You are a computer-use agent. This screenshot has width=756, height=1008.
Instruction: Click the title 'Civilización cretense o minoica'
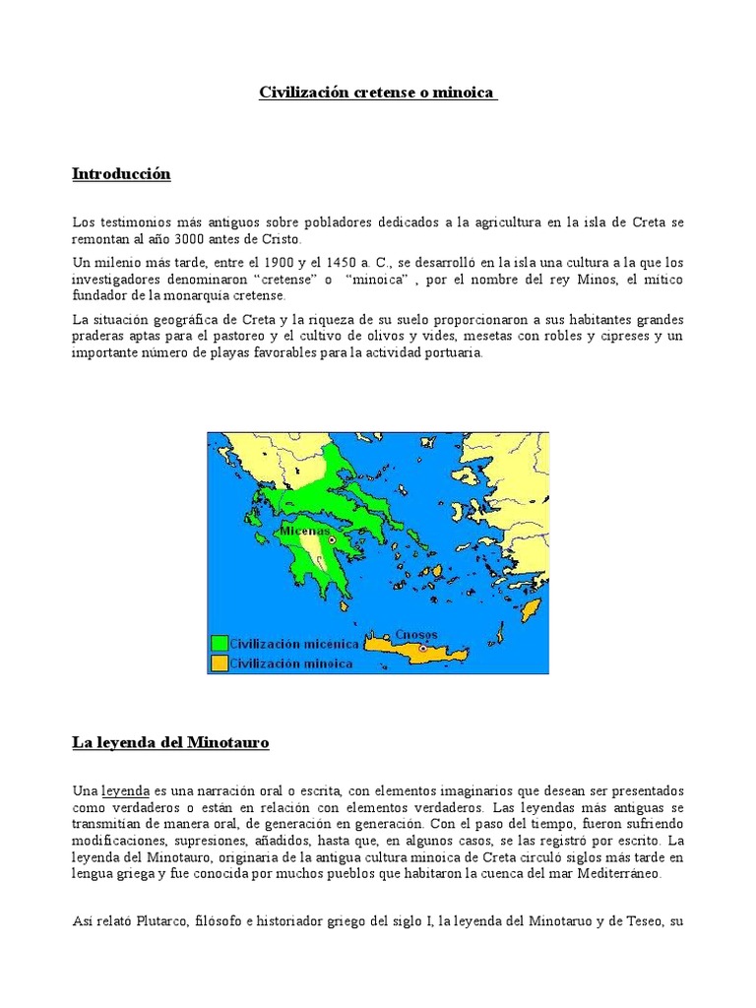378,93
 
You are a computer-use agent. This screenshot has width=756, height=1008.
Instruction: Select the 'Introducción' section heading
121,174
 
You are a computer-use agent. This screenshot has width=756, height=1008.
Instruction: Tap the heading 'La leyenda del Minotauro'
170,743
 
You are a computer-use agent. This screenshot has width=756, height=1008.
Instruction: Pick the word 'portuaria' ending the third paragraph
451,353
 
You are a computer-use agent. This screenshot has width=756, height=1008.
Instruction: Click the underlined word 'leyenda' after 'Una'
125,791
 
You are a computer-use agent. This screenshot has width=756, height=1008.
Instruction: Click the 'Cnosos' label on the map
416,635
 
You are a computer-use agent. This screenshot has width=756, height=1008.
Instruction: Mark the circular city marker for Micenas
333,540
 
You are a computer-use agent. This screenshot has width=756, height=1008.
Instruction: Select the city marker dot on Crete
423,649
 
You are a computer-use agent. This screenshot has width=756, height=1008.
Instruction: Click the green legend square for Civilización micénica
219,643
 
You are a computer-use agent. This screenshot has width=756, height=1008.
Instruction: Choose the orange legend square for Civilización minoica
219,662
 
